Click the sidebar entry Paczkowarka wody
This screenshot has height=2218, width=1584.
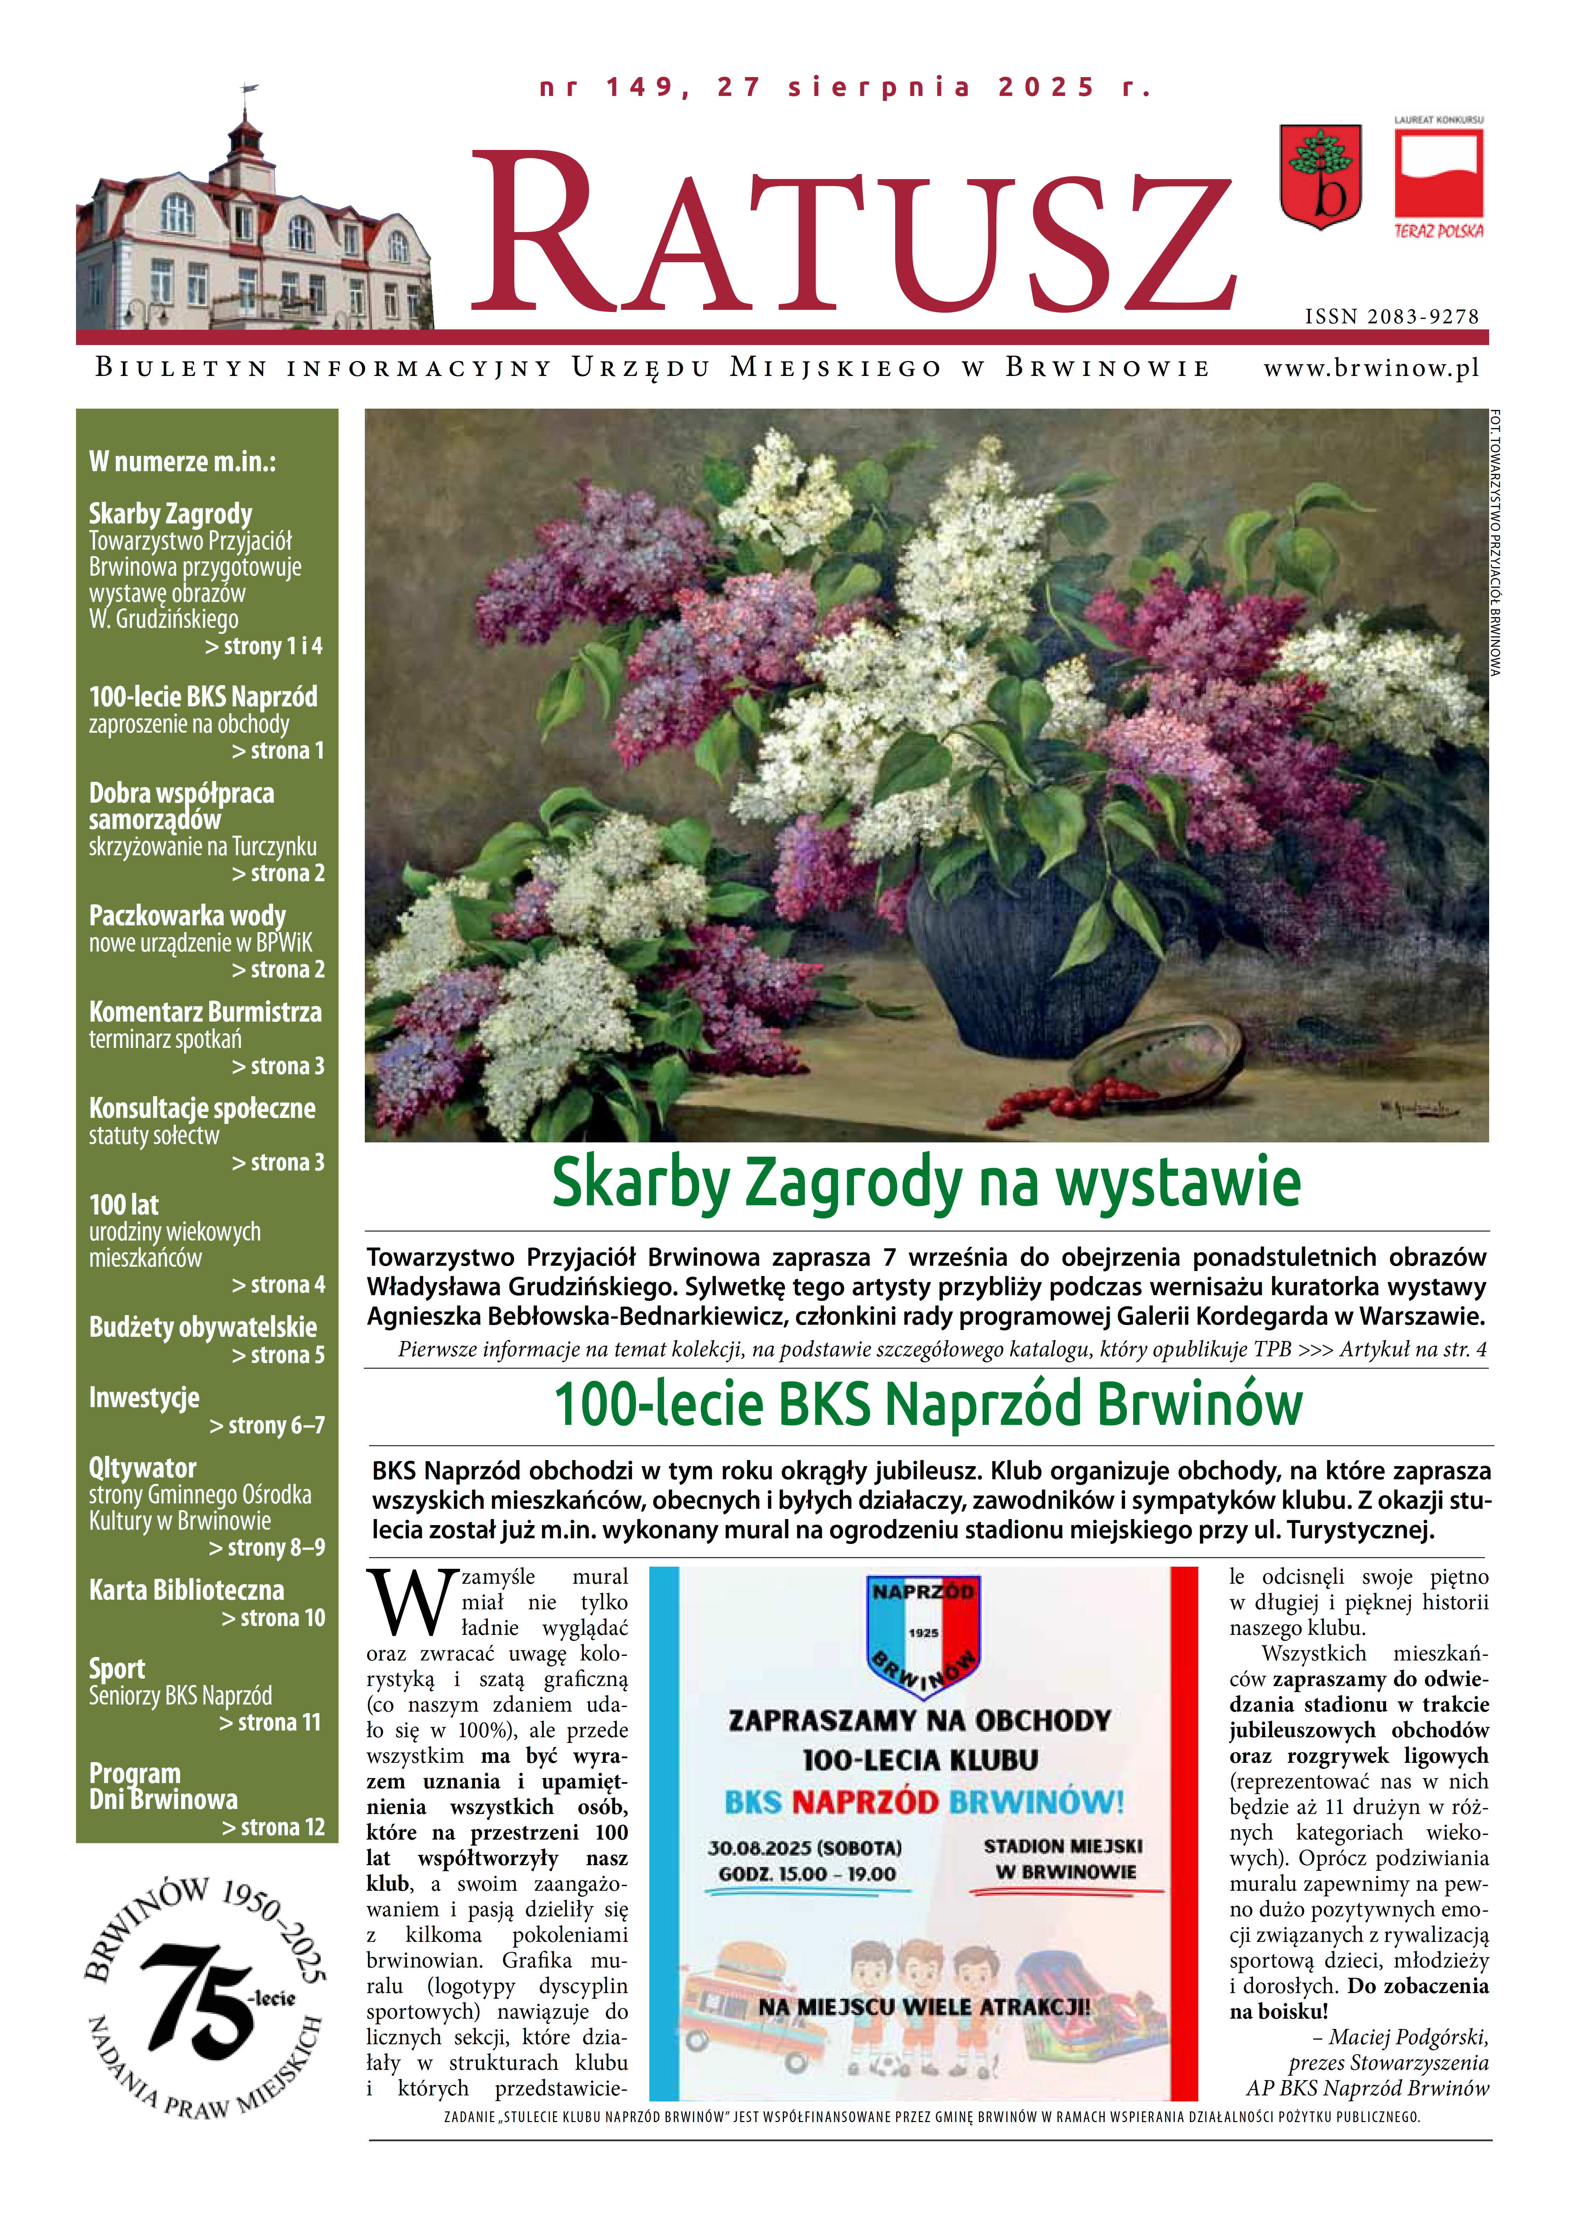tap(187, 916)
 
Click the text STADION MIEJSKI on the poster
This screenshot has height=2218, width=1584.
tap(1062, 1846)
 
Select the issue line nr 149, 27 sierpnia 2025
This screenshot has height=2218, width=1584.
tap(845, 88)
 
